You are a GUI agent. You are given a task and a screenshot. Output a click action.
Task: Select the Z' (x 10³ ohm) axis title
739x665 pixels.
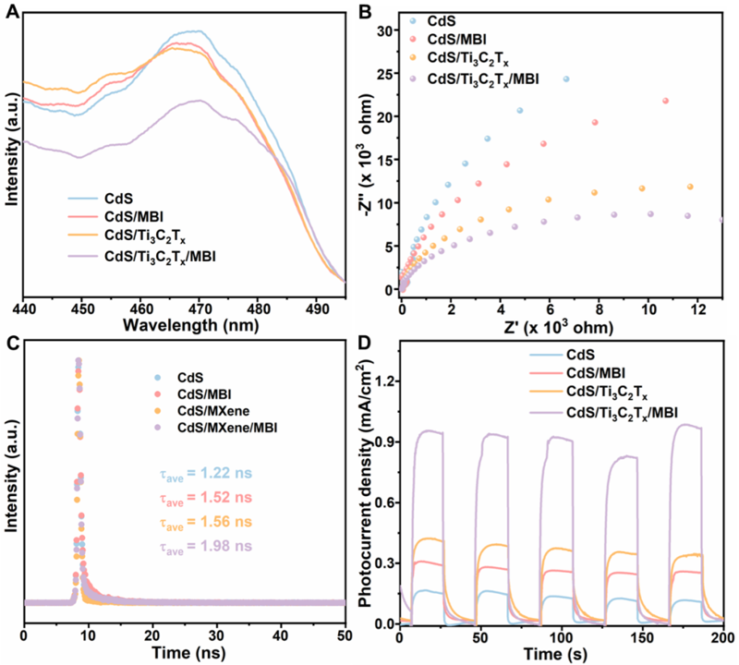click(560, 326)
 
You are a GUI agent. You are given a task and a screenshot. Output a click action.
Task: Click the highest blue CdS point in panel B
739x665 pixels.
click(566, 79)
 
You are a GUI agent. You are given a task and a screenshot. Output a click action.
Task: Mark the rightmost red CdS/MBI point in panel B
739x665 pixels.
click(665, 101)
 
